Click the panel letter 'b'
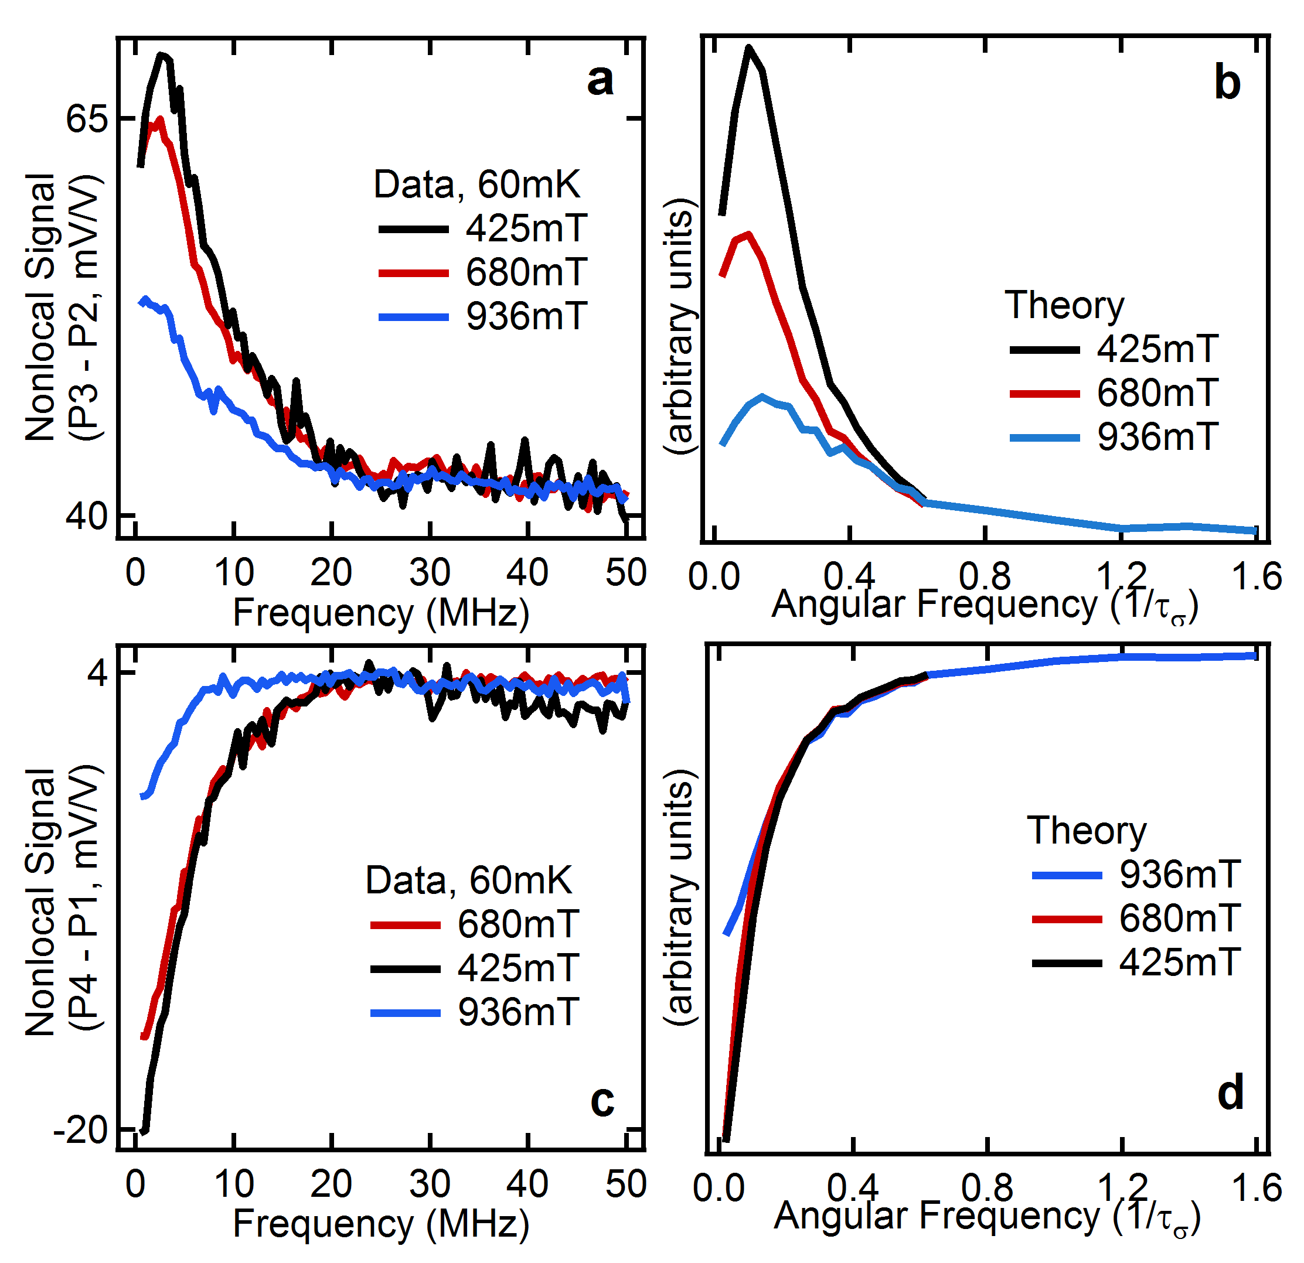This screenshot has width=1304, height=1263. point(1227,84)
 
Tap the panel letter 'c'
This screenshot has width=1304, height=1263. point(601,1101)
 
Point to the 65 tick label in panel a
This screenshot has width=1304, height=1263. point(87,120)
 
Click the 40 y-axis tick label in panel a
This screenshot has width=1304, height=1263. point(87,516)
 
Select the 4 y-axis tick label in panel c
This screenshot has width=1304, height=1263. point(97,674)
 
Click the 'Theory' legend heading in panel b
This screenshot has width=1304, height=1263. point(1064,305)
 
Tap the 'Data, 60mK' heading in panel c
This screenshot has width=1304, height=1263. point(468,880)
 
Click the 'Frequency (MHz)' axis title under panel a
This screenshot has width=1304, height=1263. point(380,613)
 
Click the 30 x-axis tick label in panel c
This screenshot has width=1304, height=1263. point(430,1185)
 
